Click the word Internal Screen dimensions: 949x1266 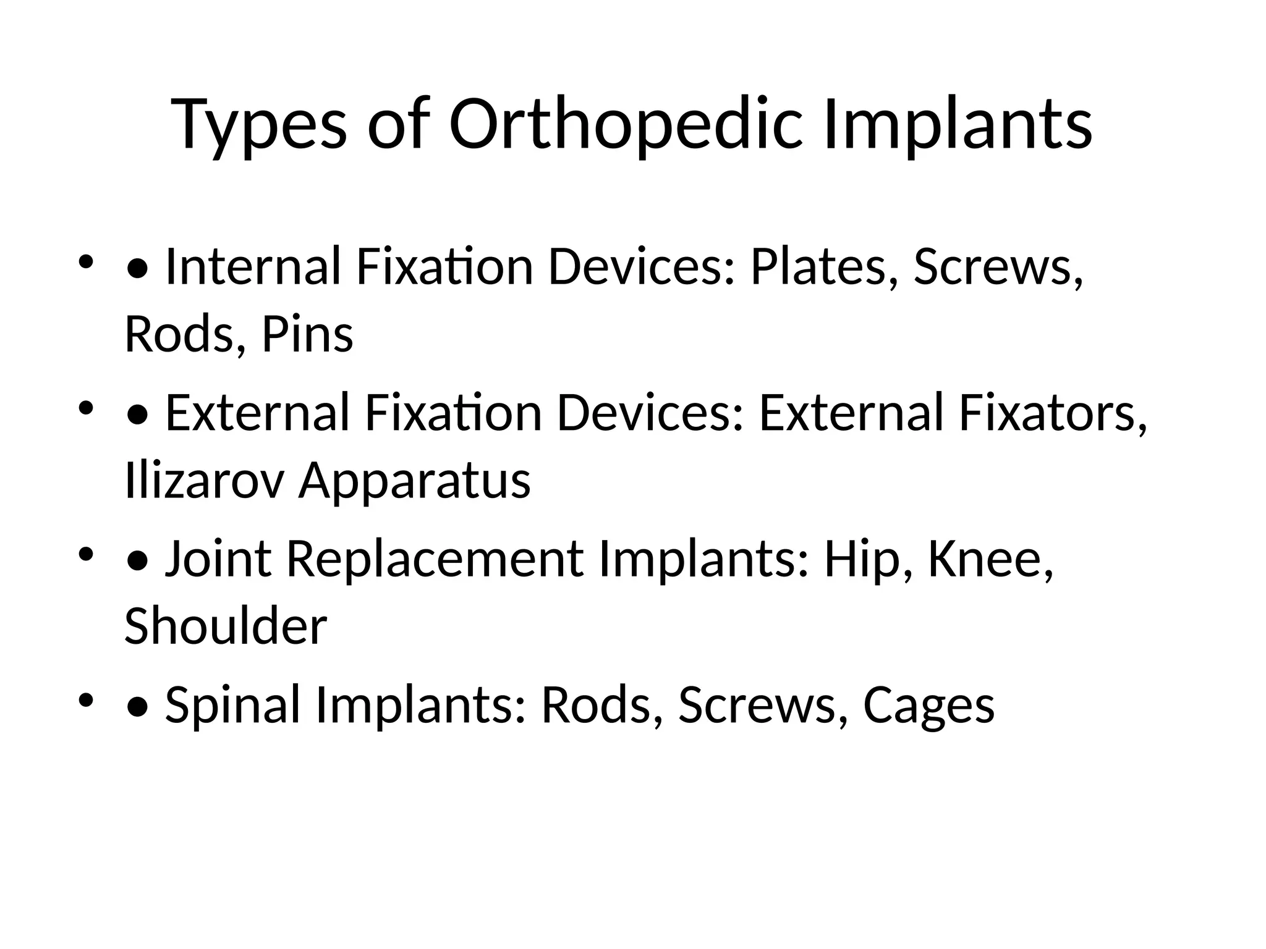tap(253, 267)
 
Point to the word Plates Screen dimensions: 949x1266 tap(818, 267)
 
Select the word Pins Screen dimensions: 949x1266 tap(307, 334)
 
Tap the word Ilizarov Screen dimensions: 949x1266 tap(204, 480)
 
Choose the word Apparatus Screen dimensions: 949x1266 tap(415, 480)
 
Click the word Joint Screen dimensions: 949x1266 tap(218, 559)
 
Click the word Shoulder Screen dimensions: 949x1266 tap(226, 626)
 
